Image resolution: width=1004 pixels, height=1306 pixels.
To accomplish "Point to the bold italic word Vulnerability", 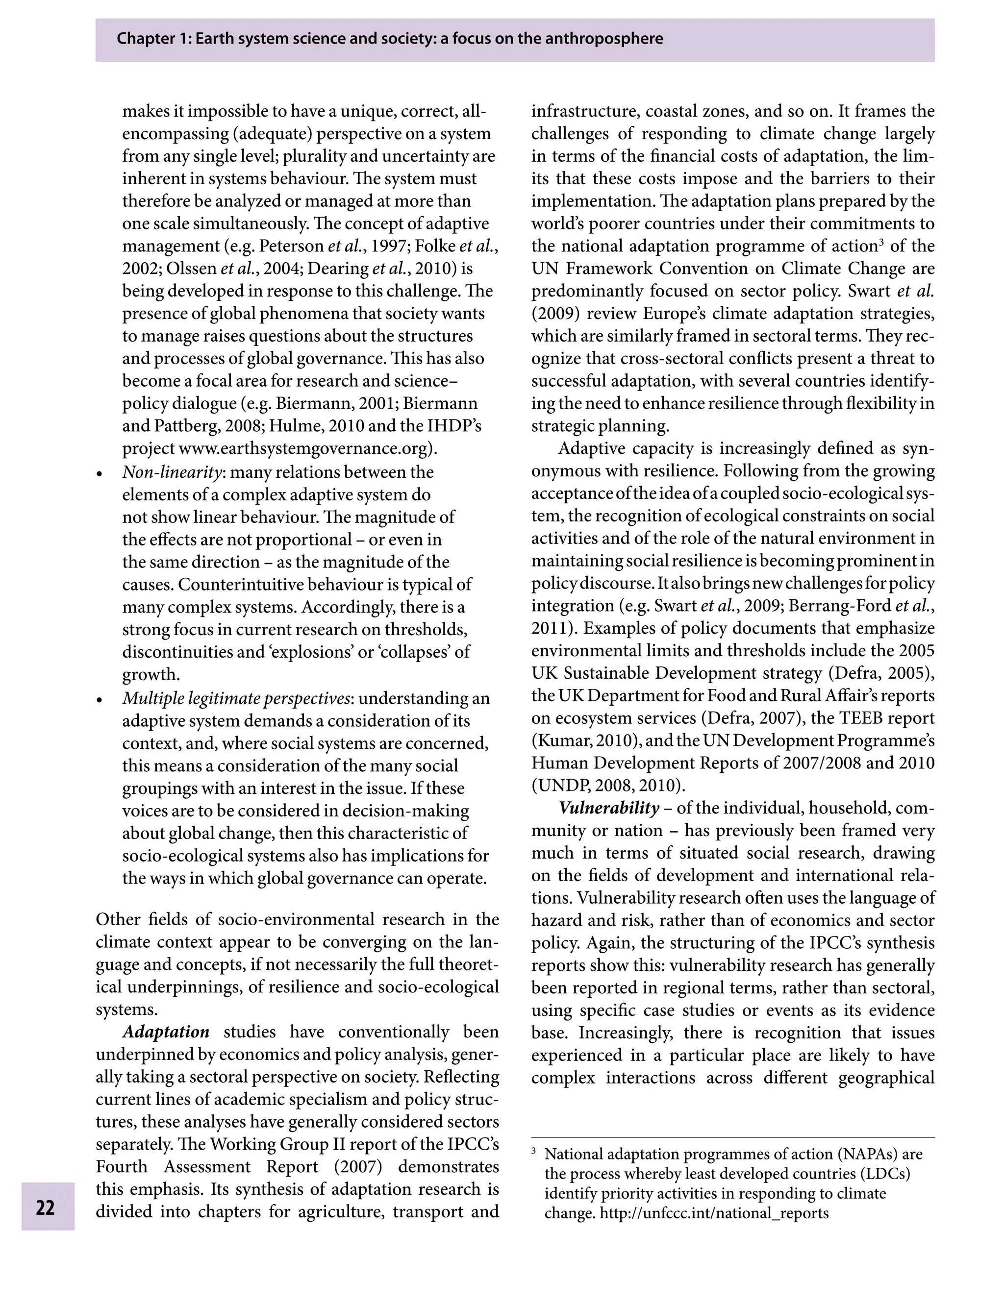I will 608,808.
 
